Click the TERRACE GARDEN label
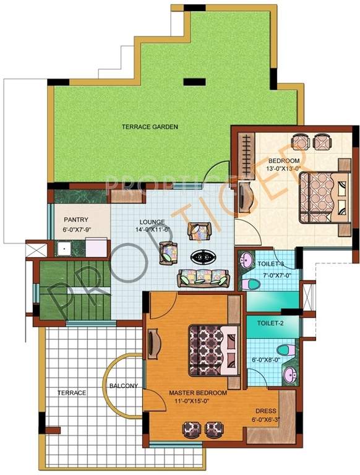(x=150, y=127)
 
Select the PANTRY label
(x=75, y=220)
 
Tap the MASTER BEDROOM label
(x=198, y=393)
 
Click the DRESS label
(x=267, y=411)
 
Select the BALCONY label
(x=123, y=386)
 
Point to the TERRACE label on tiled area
(x=72, y=393)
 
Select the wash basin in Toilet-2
(x=289, y=373)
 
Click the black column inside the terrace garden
(x=194, y=80)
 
